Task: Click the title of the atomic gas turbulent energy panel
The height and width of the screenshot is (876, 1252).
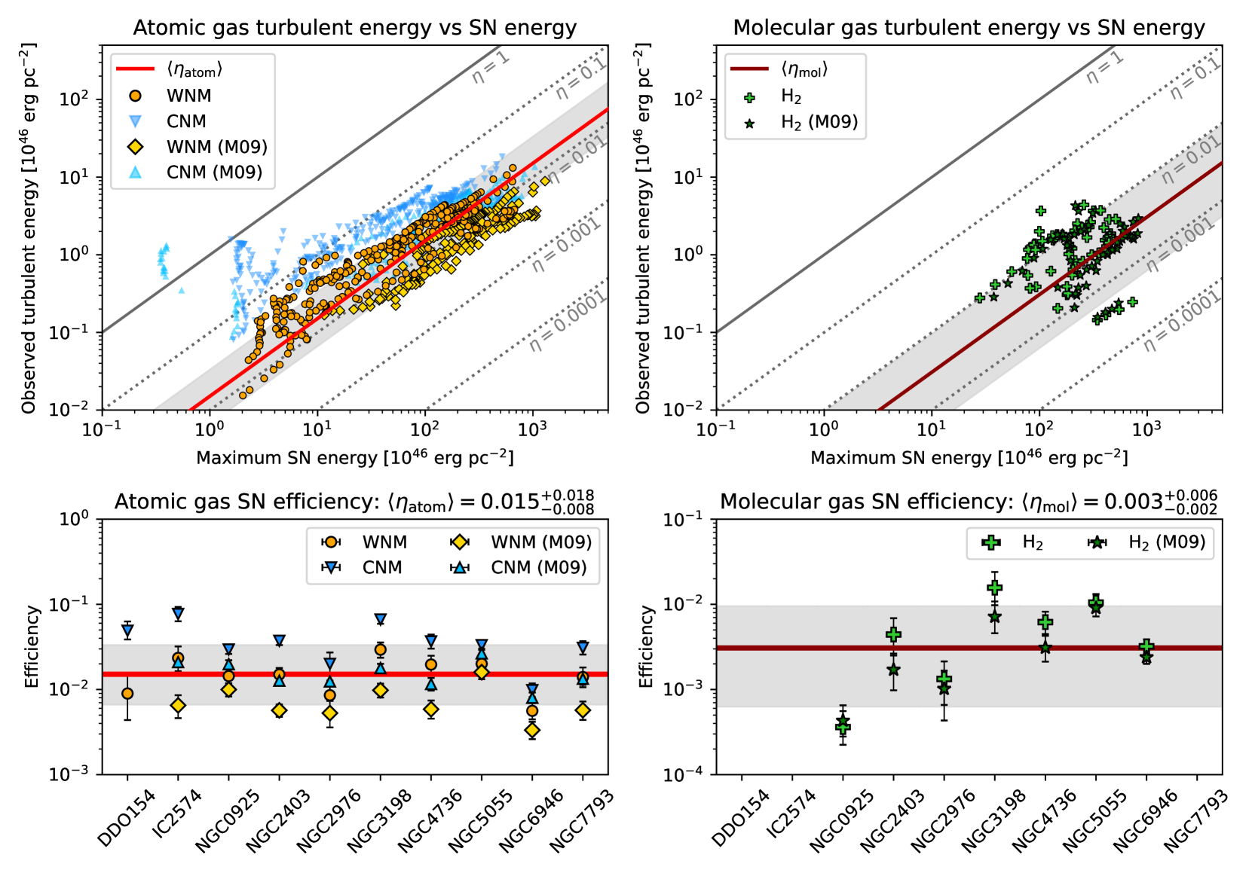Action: point(354,28)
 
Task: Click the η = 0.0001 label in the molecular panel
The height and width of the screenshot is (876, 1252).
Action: point(1181,323)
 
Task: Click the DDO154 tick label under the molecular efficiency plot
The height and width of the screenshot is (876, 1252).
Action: point(740,817)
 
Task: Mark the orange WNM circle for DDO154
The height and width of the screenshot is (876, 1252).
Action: point(127,693)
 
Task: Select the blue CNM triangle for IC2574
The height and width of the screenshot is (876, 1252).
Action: point(178,614)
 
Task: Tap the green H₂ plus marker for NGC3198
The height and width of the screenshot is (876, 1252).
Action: point(994,588)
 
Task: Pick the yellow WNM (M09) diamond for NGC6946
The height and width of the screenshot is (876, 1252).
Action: point(532,730)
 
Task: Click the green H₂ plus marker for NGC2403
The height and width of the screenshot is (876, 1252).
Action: point(893,634)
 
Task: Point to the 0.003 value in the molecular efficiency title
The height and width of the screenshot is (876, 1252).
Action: point(1133,502)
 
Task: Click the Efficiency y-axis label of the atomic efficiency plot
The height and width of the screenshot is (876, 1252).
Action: point(32,646)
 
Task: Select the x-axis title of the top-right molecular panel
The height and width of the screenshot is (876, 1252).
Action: point(969,457)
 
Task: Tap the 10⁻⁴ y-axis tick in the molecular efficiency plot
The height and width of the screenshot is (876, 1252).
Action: point(681,774)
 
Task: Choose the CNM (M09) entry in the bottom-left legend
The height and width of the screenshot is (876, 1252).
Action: point(538,567)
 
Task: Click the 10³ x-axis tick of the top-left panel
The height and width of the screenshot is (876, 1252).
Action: point(532,429)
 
